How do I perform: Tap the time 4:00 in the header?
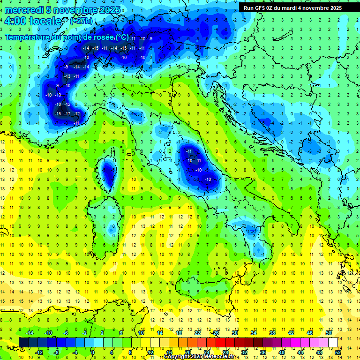[x=17, y=21]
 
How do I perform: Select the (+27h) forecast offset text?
[x=81, y=21]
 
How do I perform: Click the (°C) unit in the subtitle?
[x=122, y=37]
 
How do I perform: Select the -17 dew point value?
[x=67, y=114]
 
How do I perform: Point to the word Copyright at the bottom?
[x=179, y=357]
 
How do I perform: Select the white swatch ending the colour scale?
[x=333, y=342]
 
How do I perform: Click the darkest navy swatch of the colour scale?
[x=23, y=342]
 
